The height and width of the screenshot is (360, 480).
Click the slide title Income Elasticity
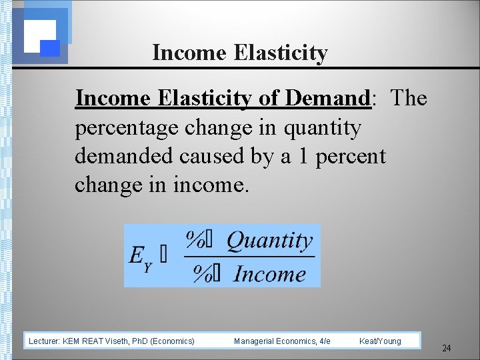pyautogui.click(x=240, y=52)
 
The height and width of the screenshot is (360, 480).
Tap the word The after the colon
pyautogui.click(x=409, y=98)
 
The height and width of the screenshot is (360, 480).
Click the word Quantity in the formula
pyautogui.click(x=270, y=240)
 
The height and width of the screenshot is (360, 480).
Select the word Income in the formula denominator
pyautogui.click(x=270, y=273)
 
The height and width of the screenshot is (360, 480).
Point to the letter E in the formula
pyautogui.click(x=137, y=255)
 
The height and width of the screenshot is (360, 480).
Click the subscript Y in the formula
pyautogui.click(x=148, y=266)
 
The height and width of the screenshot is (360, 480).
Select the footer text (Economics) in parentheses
pyautogui.click(x=173, y=341)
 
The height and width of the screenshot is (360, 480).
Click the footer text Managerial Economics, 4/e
pyautogui.click(x=282, y=341)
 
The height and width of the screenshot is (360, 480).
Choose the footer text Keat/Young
pyautogui.click(x=380, y=341)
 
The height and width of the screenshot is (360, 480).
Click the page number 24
pyautogui.click(x=447, y=348)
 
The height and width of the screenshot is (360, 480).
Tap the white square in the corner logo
pyautogui.click(x=39, y=33)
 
